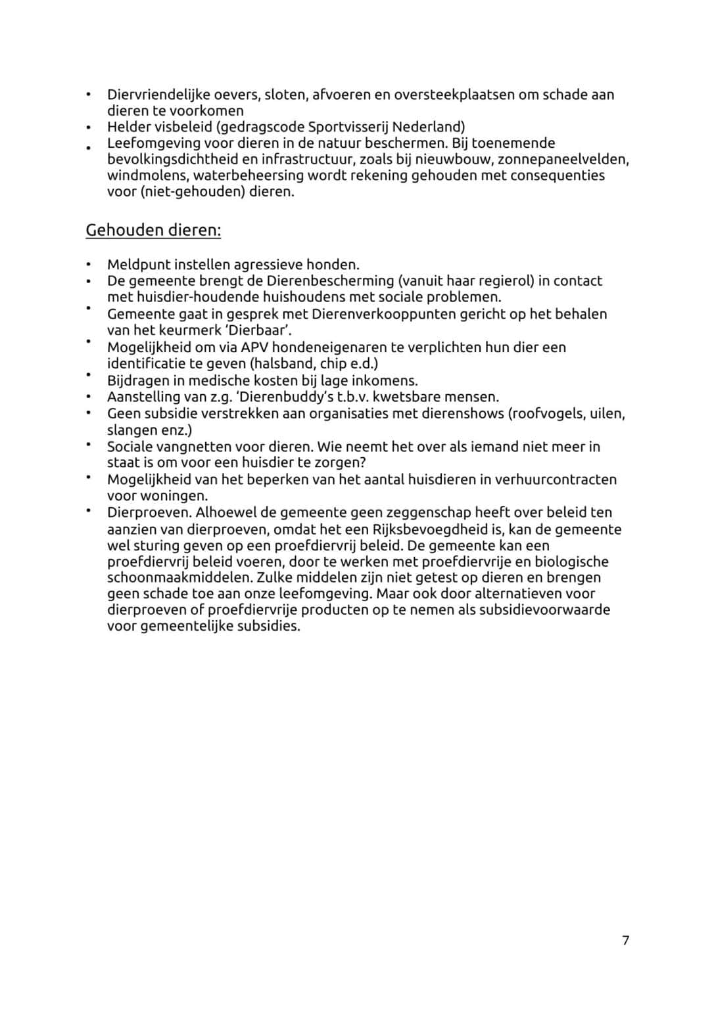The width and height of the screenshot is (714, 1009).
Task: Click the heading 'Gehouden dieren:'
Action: coord(153,231)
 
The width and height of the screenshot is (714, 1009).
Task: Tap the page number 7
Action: coord(625,941)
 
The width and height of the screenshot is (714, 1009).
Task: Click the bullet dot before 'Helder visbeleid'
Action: coord(87,127)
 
